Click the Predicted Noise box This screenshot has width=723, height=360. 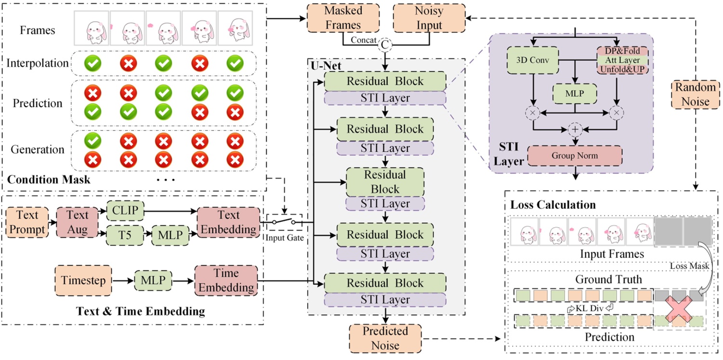385,338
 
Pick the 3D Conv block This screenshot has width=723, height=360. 532,61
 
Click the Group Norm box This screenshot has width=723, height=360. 575,155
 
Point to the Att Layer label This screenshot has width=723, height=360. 622,60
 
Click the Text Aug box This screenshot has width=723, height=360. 77,222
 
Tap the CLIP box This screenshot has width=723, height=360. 125,210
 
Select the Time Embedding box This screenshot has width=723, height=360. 226,280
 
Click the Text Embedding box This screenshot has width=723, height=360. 228,221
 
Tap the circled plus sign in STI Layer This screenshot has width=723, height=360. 575,129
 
